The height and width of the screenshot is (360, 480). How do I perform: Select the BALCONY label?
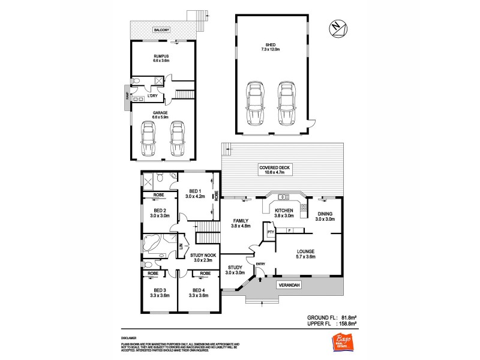(161, 29)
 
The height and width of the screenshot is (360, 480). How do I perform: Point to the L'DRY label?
(153, 95)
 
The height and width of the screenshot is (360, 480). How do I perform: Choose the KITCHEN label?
(284, 210)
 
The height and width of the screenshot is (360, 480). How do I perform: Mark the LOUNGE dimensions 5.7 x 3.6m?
(310, 257)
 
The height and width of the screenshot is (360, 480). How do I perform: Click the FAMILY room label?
(240, 221)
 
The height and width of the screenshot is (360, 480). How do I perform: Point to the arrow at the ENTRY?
(260, 277)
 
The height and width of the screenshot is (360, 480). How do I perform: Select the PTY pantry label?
(271, 231)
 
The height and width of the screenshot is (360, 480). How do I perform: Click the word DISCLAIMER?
(128, 338)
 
